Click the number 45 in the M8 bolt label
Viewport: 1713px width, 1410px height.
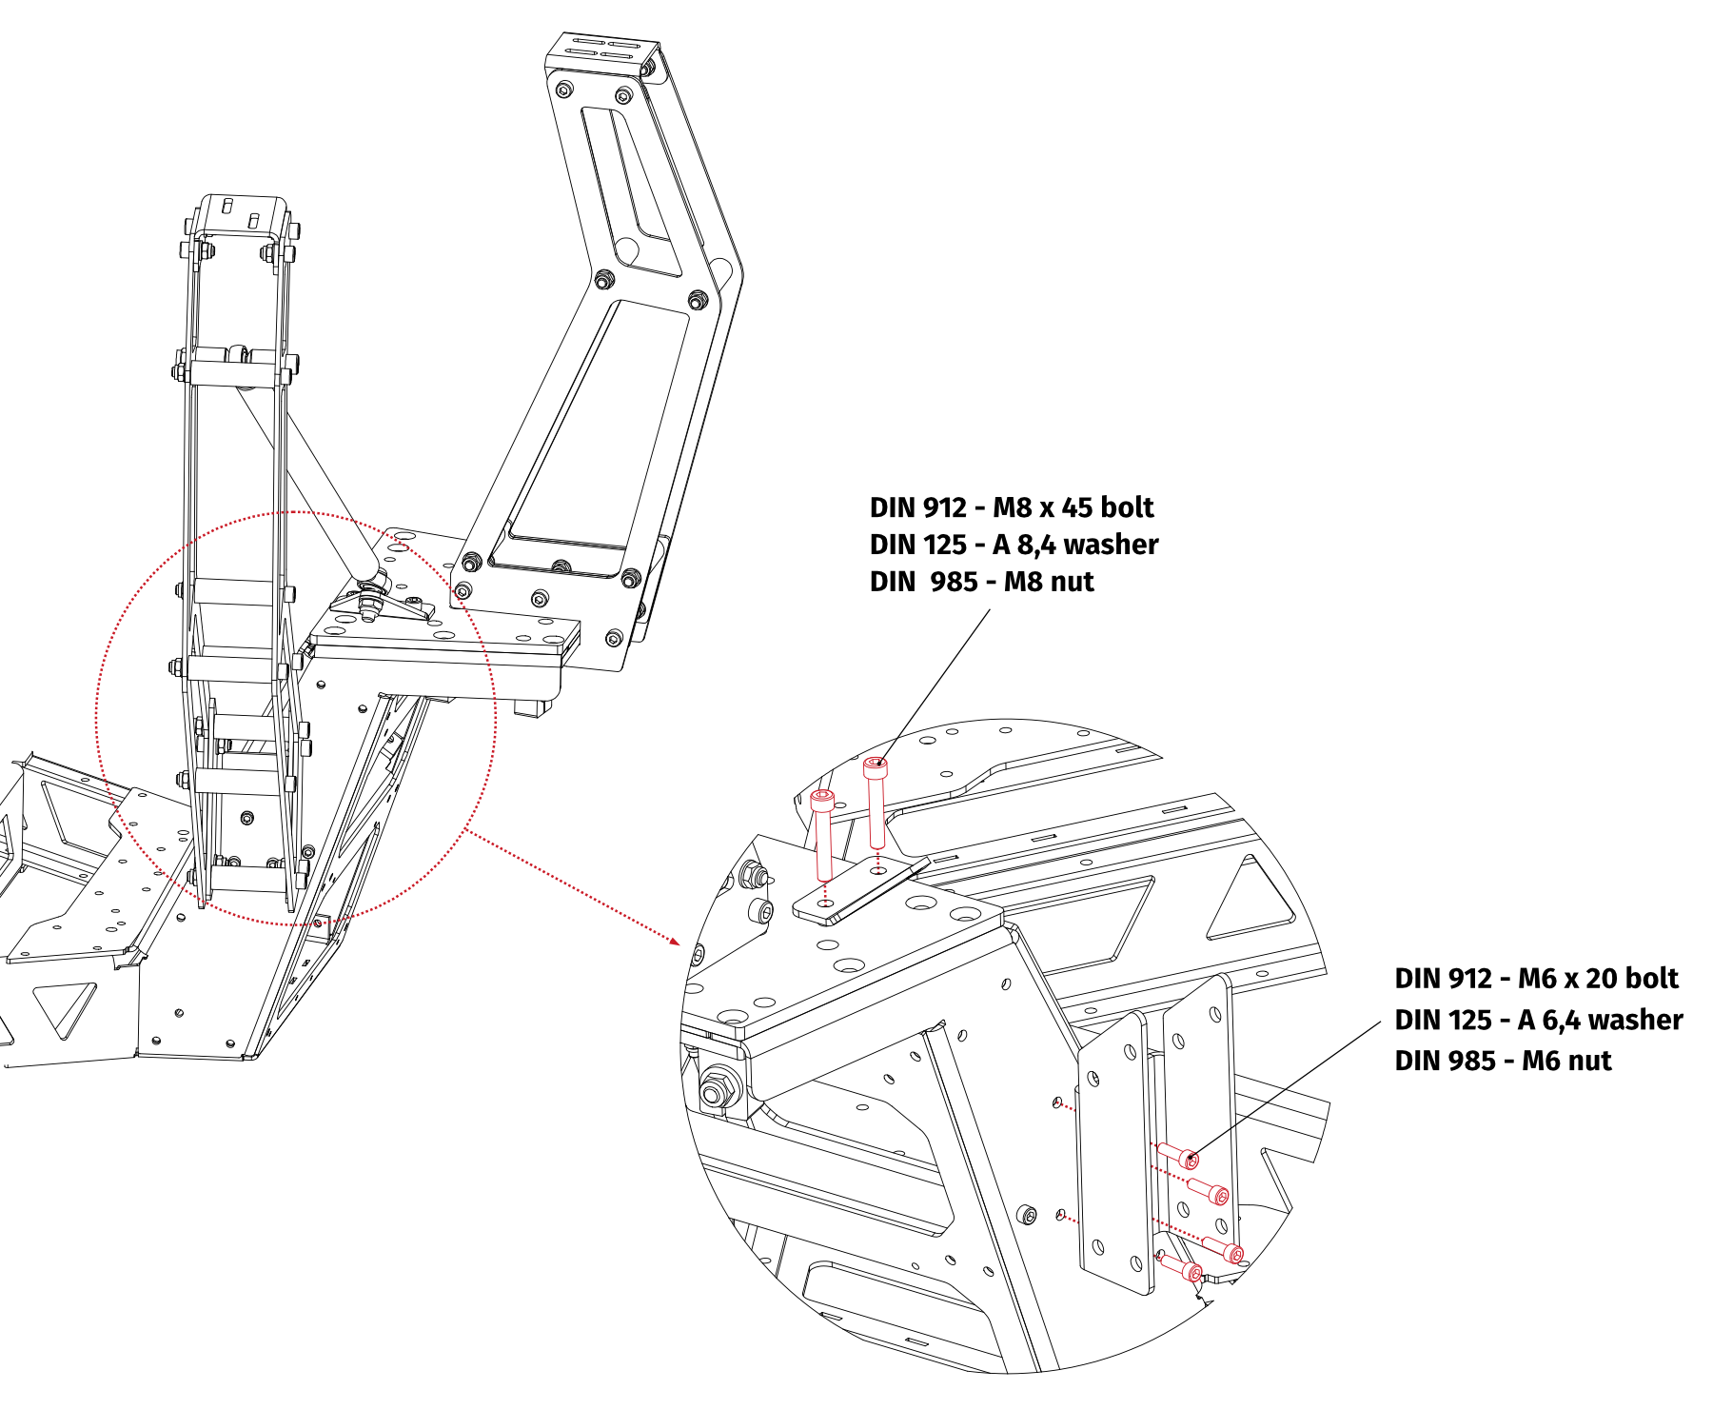[1075, 507]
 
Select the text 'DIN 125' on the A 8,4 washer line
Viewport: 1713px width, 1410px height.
[917, 545]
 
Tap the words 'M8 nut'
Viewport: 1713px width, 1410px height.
[1049, 582]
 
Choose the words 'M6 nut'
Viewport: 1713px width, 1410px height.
[1566, 1061]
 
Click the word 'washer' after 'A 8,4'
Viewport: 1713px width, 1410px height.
[1111, 545]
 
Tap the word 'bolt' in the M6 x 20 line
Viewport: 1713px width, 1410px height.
[1650, 979]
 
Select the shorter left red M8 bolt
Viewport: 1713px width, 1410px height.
[823, 833]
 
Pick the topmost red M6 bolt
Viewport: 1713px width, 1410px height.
[1178, 1155]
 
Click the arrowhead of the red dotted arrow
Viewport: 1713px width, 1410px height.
[675, 942]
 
